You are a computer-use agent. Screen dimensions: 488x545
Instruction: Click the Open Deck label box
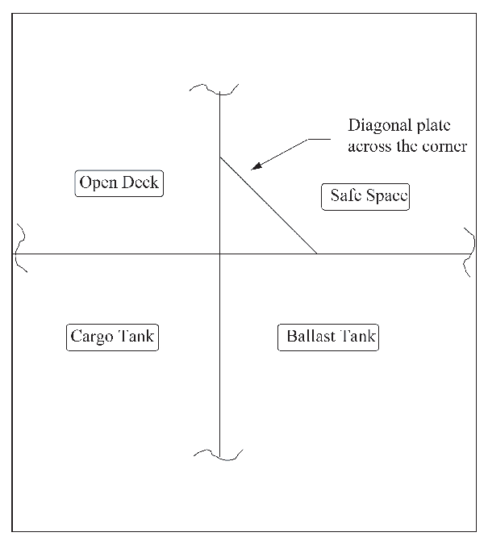119,183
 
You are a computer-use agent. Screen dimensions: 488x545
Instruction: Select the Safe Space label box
365,197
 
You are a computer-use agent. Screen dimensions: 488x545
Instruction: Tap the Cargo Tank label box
113,337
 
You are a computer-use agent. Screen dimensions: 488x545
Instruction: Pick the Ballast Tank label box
328,337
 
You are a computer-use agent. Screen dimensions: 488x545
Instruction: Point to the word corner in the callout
444,147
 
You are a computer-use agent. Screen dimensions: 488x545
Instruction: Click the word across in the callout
369,147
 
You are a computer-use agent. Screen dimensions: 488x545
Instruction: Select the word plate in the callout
433,126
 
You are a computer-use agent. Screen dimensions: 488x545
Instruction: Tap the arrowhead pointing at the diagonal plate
257,166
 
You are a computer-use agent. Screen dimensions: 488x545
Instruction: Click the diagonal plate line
269,205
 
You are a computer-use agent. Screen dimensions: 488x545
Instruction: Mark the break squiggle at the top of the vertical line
214,89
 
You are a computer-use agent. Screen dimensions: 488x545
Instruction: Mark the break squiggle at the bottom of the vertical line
218,455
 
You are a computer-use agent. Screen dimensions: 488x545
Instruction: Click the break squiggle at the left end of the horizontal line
20,248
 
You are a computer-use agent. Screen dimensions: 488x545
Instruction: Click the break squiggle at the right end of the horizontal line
469,253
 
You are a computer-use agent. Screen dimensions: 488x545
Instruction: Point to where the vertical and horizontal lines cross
220,254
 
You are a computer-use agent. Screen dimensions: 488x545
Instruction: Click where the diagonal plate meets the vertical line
220,157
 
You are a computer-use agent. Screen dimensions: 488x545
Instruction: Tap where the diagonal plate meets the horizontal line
317,254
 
